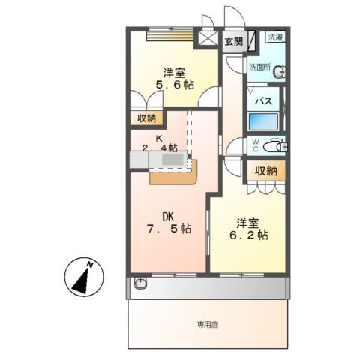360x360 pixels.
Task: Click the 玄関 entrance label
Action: tap(233, 41)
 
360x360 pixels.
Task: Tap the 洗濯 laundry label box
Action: tap(275, 37)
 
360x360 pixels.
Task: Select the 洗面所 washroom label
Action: tap(260, 67)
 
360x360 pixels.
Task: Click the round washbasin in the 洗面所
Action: tap(280, 72)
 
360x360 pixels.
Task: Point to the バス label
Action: tap(264, 101)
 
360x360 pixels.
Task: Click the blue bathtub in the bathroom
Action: tap(263, 121)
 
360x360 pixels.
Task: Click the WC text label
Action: tap(255, 145)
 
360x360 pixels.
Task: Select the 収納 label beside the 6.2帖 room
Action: tap(266, 172)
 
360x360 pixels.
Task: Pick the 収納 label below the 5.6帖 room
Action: tap(147, 118)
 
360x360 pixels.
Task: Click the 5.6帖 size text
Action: tap(175, 85)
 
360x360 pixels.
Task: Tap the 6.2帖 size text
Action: tap(249, 235)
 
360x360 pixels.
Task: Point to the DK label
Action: tap(168, 217)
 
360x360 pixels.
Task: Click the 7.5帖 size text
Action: tap(169, 229)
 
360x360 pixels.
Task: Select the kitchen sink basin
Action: tap(173, 160)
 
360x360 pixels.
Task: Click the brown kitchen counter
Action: tap(173, 177)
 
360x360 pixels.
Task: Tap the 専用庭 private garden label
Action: tap(208, 325)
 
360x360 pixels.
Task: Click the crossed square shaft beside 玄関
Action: tap(208, 39)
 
